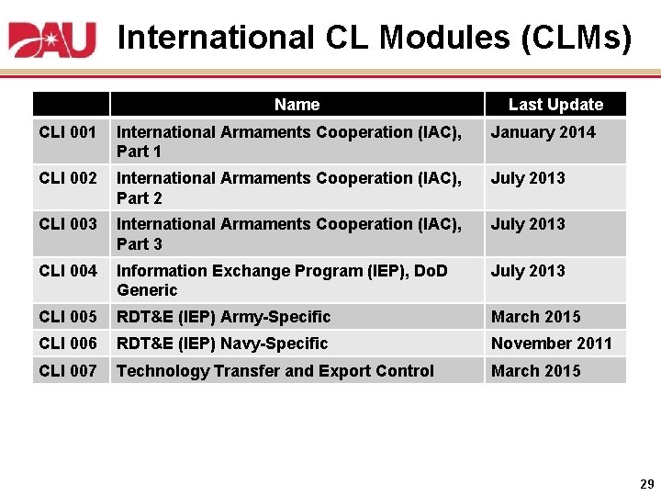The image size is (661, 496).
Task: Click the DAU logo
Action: click(x=52, y=39)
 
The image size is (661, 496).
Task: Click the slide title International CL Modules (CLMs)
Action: click(x=375, y=38)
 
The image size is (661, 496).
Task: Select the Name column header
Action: click(x=297, y=105)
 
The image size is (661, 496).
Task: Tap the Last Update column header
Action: click(x=555, y=105)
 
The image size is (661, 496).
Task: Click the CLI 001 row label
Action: click(x=68, y=132)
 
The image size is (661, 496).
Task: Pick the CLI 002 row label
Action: click(x=68, y=178)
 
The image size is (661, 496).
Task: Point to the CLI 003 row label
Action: click(x=68, y=224)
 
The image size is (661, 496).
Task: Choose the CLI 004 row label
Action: click(x=68, y=271)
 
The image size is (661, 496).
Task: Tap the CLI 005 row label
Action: click(x=68, y=317)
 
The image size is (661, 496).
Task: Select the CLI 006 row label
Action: click(x=68, y=344)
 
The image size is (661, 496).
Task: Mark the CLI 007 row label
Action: click(x=68, y=371)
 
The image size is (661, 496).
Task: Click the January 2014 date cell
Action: click(x=543, y=132)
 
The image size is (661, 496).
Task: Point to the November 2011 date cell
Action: click(x=551, y=344)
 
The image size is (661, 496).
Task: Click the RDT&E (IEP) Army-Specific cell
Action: click(x=223, y=317)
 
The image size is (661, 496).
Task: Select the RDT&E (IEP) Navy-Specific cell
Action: click(x=222, y=344)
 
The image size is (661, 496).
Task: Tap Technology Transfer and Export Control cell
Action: click(x=274, y=371)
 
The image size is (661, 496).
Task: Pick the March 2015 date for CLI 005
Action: click(x=535, y=317)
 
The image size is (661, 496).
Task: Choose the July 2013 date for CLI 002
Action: click(x=528, y=178)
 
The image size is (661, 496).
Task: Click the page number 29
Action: click(x=646, y=483)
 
